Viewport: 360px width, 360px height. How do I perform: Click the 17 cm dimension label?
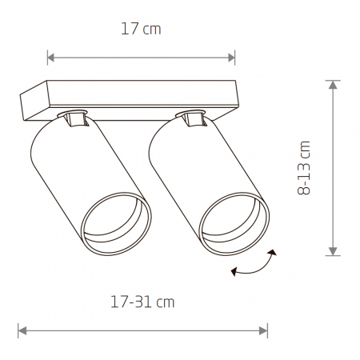(x=141, y=29)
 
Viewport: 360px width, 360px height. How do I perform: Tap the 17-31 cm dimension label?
(x=142, y=302)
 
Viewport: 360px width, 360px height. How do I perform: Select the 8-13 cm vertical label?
(x=304, y=168)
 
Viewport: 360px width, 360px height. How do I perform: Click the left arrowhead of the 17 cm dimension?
(x=50, y=58)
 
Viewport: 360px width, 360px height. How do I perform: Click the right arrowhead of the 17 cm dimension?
(x=231, y=58)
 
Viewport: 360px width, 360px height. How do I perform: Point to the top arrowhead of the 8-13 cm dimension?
(x=333, y=85)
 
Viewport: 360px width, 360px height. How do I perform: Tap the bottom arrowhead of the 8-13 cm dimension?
(x=333, y=251)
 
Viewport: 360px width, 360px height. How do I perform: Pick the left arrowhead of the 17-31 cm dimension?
(x=22, y=331)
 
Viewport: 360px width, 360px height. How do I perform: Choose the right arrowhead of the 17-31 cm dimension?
(x=263, y=331)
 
